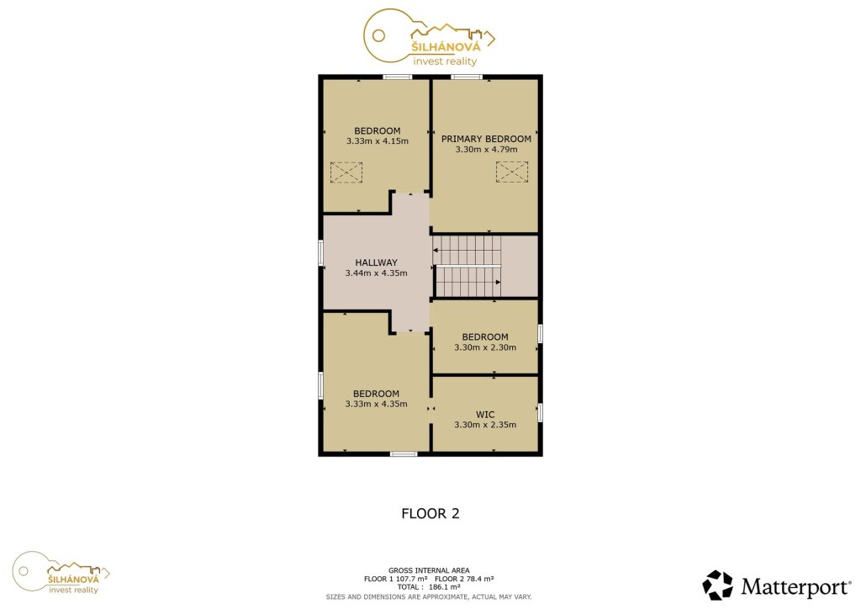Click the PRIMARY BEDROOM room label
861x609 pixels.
(x=486, y=139)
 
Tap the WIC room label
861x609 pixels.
(x=485, y=415)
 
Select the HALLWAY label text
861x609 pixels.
(x=376, y=262)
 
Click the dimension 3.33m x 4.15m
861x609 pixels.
(x=378, y=141)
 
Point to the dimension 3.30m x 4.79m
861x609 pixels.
(x=487, y=149)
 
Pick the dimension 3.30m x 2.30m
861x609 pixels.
(x=485, y=347)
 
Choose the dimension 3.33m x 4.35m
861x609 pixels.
(x=376, y=404)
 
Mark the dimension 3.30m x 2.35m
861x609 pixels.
(x=485, y=425)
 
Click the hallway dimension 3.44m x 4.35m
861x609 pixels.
(x=376, y=273)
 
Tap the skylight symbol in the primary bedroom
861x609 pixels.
(x=512, y=172)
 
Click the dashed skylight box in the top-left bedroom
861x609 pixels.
(x=346, y=172)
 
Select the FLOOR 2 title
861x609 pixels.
(x=430, y=513)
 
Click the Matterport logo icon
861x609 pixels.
(x=718, y=585)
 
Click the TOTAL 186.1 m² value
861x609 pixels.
(x=429, y=587)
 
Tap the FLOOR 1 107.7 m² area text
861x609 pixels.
(x=395, y=579)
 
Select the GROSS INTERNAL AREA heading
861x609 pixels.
(x=429, y=570)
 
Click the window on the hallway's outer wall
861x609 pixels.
(x=320, y=253)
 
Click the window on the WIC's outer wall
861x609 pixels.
(x=541, y=412)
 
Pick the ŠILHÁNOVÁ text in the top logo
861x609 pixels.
(x=446, y=46)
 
